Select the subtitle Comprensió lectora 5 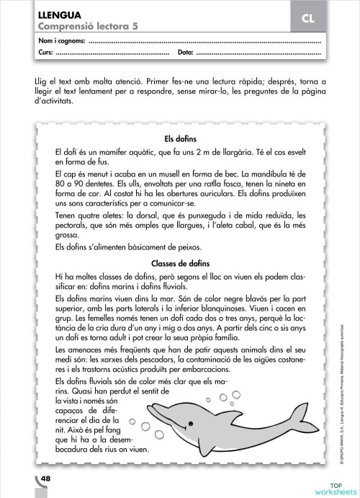(x=79, y=26)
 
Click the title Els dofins (x=181, y=138)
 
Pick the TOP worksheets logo (x=333, y=488)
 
